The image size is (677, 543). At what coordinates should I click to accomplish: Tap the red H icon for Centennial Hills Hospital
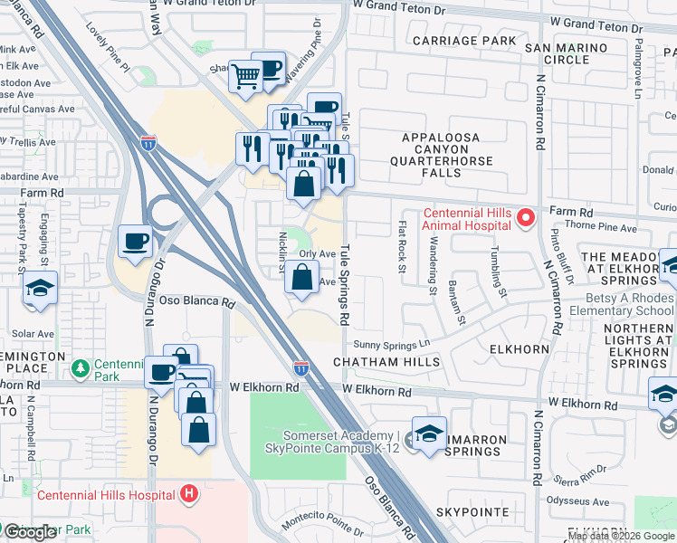(x=189, y=494)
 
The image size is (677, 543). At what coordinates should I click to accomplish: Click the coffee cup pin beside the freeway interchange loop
(x=136, y=242)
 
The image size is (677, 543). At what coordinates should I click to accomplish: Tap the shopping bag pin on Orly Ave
(x=302, y=278)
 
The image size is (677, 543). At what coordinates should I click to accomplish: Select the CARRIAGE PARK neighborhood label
(x=464, y=41)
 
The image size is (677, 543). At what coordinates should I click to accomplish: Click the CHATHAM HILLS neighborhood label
(x=386, y=362)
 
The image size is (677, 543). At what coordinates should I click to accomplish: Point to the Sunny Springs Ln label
(x=391, y=345)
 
